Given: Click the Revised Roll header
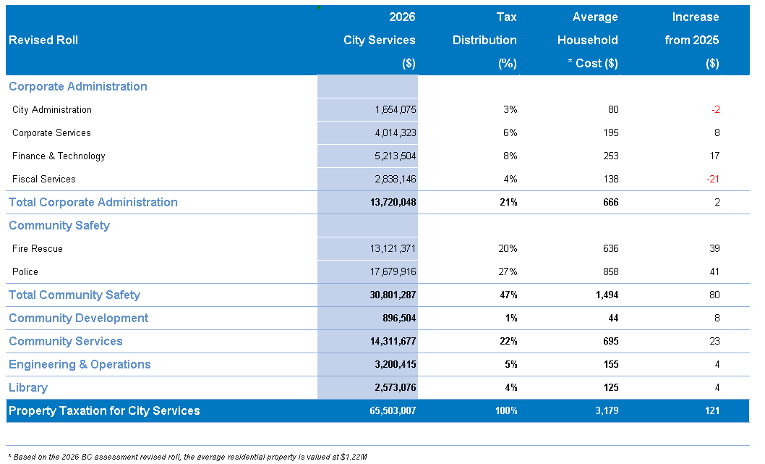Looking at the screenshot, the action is coord(43,40).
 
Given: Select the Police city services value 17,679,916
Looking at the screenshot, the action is coord(393,271).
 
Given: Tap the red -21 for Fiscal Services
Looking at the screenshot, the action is coord(713,179).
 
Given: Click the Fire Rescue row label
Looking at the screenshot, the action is coord(38,248).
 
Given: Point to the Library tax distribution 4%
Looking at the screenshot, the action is coord(510,387).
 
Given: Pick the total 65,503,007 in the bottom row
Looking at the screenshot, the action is coord(393,410).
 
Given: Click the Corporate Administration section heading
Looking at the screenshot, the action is coord(78,86).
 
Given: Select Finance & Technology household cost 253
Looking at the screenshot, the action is coord(610,156).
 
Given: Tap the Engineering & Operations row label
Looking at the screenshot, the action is coord(80,364).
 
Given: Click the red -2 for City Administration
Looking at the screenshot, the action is coord(715,109).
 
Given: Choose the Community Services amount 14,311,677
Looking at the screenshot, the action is coord(393,341).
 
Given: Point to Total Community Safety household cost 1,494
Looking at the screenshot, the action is coord(607,295).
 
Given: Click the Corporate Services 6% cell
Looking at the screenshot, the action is coord(510,133).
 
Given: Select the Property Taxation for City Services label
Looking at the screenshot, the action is coord(104,410).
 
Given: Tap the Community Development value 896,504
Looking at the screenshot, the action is coord(399,318).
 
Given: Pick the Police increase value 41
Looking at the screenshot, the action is coord(714,271).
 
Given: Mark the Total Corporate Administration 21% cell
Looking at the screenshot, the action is coord(508,202).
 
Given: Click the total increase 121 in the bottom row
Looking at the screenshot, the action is coord(712,410).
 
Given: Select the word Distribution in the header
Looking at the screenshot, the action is coord(484,40).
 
